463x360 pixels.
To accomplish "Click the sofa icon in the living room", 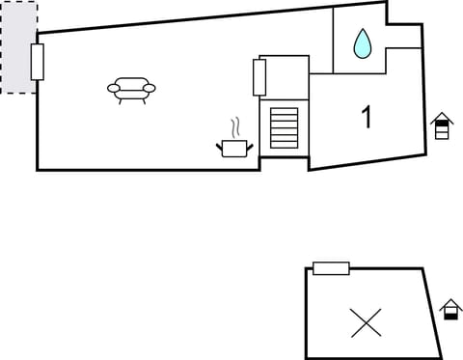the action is (131, 89).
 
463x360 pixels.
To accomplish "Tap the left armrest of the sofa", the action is (114, 89).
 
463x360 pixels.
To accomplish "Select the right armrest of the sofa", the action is (149, 88).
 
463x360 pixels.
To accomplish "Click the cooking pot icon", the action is (234, 148).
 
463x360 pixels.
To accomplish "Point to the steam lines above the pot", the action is (234, 128).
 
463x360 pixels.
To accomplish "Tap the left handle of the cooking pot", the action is (220, 146).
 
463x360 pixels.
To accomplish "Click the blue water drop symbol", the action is (362, 42).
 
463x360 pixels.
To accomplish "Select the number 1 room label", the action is (367, 118).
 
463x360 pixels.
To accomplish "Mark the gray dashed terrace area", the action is (18, 47).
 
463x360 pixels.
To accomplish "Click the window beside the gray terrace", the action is (38, 62).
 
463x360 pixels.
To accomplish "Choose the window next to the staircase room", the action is (259, 77).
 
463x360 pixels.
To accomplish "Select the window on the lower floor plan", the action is (331, 267).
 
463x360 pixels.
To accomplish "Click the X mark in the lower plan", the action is (367, 322).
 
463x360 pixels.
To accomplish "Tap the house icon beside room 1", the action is (442, 125).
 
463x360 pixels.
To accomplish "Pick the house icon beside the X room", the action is (450, 310).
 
